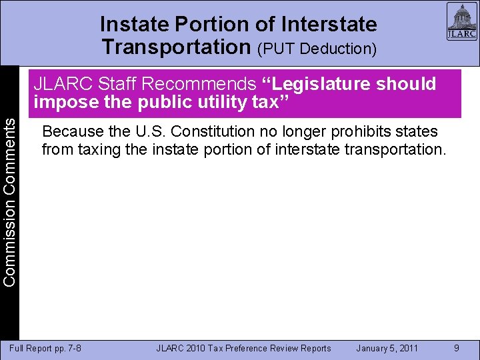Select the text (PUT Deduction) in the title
(318, 49)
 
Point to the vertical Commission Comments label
(9, 199)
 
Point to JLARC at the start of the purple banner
(63, 84)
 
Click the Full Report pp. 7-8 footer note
(45, 348)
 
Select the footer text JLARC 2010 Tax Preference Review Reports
(243, 348)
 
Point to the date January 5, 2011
(387, 348)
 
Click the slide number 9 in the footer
(457, 348)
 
